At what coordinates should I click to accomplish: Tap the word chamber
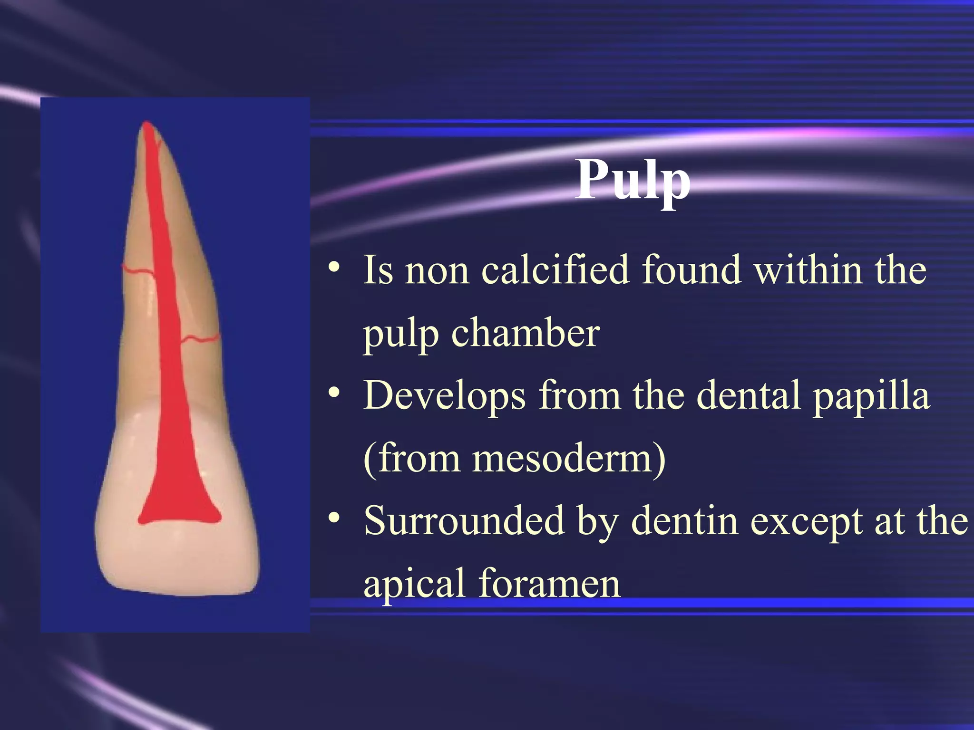[x=525, y=333]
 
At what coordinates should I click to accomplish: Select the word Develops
[x=444, y=395]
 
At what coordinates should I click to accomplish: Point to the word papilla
[x=871, y=395]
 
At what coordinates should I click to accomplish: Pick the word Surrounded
[x=464, y=521]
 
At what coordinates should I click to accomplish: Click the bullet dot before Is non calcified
[x=334, y=268]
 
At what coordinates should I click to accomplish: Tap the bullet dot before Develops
[x=334, y=393]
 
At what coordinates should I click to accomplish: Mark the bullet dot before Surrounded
[x=334, y=518]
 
